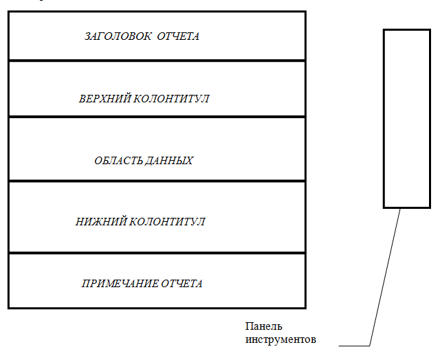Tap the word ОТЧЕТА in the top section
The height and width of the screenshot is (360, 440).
tap(178, 36)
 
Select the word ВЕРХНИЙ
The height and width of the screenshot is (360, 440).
tap(102, 99)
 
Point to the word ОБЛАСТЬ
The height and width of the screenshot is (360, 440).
tap(117, 161)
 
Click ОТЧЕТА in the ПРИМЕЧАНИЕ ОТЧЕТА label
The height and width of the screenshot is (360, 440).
tap(182, 283)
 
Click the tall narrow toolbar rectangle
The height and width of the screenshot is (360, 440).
tap(401, 118)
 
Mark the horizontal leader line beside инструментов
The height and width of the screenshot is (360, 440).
tap(354, 344)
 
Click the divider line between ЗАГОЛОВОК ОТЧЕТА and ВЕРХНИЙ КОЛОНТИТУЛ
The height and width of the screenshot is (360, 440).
tap(157, 60)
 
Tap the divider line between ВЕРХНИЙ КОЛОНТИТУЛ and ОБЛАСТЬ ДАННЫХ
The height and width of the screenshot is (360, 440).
tap(157, 117)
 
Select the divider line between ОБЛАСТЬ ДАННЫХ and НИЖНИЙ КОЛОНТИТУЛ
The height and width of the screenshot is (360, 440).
tap(157, 181)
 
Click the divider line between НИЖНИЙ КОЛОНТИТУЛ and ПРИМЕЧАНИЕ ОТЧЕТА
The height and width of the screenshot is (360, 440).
tap(157, 253)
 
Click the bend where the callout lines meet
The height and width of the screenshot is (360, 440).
tap(370, 344)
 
